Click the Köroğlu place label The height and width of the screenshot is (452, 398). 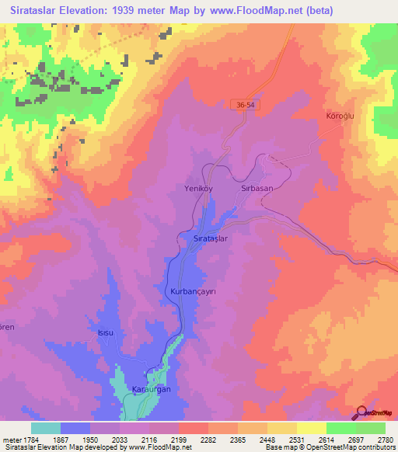340,116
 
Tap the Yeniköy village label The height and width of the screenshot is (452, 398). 220,188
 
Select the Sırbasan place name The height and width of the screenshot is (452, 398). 259,188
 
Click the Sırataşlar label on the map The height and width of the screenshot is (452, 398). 209,239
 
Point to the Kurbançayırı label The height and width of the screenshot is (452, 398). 193,291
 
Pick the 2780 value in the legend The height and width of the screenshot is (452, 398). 385,440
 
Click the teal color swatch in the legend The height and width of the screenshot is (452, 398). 46,428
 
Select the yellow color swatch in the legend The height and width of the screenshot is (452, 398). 311,428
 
